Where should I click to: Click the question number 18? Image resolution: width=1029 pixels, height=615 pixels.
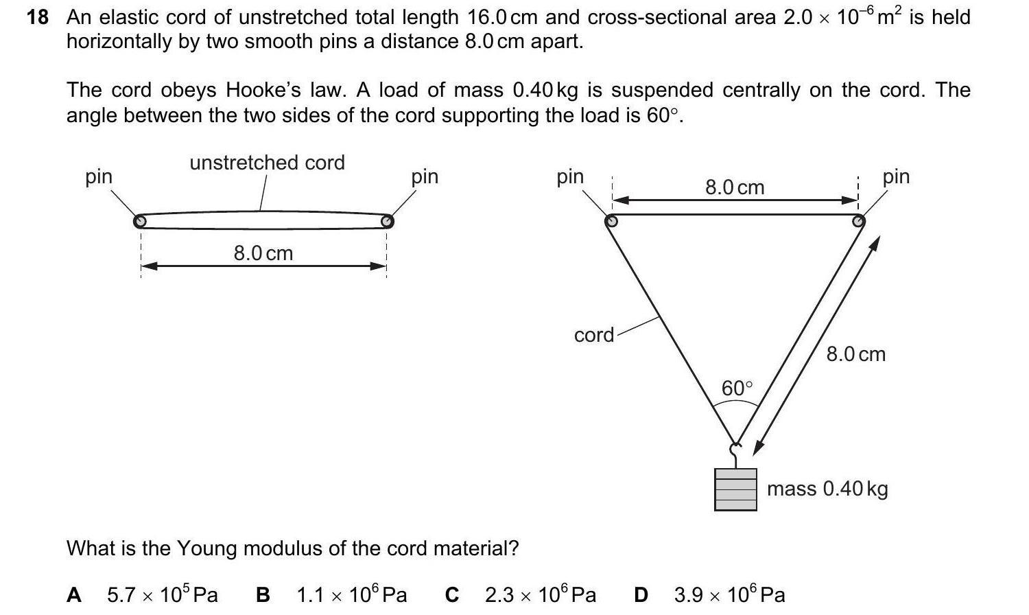tap(38, 17)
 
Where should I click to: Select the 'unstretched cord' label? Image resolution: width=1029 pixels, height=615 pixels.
tap(267, 163)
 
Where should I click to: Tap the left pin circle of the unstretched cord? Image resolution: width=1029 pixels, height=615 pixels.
tap(140, 221)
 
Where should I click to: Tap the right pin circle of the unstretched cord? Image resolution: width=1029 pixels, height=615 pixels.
tap(387, 221)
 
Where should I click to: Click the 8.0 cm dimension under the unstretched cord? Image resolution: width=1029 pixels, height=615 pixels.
tap(263, 253)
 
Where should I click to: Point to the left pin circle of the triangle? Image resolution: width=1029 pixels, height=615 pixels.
tap(611, 221)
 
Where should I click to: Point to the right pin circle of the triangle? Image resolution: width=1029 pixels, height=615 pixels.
tap(858, 221)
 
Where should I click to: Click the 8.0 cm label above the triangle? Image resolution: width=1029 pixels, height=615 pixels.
tap(734, 187)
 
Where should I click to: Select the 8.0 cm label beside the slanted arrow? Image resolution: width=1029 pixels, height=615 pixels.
tap(855, 354)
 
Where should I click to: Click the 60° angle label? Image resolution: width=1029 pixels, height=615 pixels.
tap(737, 388)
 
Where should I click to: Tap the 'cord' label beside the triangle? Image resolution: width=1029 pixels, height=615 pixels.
tap(594, 335)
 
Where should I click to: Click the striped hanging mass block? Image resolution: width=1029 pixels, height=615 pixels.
tap(735, 489)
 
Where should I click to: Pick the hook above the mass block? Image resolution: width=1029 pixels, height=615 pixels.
tap(735, 454)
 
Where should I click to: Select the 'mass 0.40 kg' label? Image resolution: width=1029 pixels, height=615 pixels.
tap(827, 489)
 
